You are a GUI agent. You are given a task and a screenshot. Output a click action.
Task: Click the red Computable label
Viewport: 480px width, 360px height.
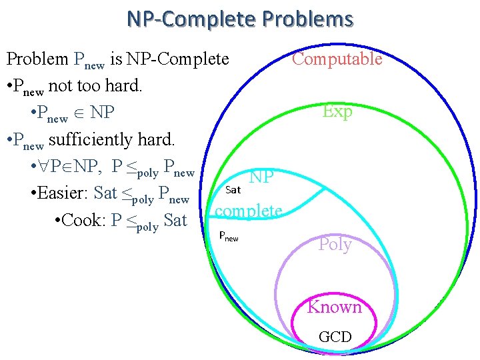[x=337, y=59]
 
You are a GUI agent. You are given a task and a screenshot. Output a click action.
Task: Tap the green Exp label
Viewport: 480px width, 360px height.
[x=337, y=111]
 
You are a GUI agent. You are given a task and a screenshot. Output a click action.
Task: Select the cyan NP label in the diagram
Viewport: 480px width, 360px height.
[x=261, y=177]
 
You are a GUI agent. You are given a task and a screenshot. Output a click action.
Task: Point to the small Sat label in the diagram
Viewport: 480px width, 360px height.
[x=233, y=190]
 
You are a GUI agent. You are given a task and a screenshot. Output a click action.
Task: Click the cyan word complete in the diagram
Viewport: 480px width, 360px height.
[x=249, y=211]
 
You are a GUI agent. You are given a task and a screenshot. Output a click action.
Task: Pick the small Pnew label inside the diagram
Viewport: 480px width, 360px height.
[x=229, y=236]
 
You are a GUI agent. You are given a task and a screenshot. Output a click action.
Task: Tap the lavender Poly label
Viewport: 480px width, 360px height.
[x=335, y=244]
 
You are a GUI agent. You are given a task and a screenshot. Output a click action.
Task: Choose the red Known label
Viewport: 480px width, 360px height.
[x=335, y=307]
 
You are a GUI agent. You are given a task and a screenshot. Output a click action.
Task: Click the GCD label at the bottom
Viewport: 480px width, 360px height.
[x=335, y=337]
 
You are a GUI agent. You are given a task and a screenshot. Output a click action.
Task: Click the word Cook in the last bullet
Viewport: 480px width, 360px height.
[x=84, y=221]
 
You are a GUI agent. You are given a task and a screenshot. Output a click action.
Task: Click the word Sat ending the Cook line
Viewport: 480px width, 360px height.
[x=175, y=221]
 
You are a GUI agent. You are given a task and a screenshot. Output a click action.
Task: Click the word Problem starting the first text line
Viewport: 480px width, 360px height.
[x=37, y=59]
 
